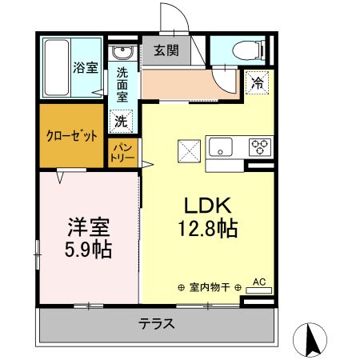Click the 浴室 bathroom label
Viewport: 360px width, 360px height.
point(86,67)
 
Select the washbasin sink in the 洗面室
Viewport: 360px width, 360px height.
point(122,54)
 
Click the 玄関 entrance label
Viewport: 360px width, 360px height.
point(166,51)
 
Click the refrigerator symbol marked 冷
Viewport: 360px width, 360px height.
point(258,82)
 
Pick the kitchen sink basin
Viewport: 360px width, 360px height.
point(222,147)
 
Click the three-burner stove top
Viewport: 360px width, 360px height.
point(260,147)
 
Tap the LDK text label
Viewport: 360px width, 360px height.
point(206,207)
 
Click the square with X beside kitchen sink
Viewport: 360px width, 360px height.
point(189,149)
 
